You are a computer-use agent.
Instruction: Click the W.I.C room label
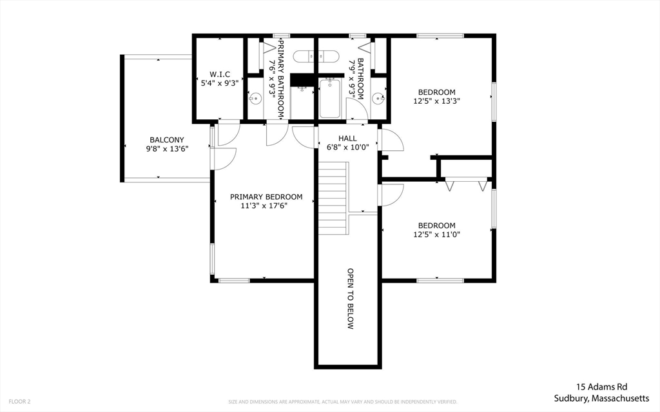click(x=219, y=74)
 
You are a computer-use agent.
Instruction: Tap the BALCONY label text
click(x=166, y=140)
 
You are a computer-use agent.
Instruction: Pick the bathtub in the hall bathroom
click(x=329, y=98)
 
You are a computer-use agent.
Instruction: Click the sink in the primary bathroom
click(x=255, y=99)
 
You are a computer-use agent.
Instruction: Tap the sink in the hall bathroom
click(x=378, y=99)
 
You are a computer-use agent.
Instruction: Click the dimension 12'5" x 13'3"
click(x=436, y=101)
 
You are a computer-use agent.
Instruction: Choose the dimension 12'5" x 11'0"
click(x=436, y=234)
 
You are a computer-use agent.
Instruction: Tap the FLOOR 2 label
click(x=19, y=402)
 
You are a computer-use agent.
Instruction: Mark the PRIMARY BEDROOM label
click(x=266, y=197)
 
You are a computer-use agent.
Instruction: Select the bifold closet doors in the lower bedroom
click(x=465, y=185)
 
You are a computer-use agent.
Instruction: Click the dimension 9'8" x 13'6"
click(x=166, y=149)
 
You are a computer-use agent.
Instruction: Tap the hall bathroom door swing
click(x=358, y=110)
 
